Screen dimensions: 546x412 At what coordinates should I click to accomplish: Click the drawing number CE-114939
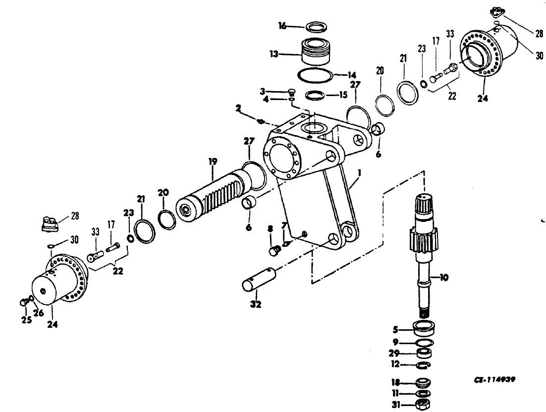(495, 380)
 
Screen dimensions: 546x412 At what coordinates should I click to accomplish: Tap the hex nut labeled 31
(423, 405)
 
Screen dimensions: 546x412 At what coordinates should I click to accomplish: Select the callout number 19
(213, 161)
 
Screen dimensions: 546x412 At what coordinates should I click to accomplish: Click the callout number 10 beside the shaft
(444, 277)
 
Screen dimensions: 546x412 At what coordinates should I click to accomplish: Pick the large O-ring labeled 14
(315, 75)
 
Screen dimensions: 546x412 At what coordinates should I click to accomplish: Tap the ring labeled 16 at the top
(316, 27)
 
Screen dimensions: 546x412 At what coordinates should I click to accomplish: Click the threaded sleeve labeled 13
(315, 51)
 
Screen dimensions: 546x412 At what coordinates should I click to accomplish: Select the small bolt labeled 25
(24, 303)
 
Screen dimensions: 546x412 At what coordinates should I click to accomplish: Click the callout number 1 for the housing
(359, 173)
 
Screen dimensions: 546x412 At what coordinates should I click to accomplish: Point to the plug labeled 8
(275, 250)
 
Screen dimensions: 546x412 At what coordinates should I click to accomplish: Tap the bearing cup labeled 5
(424, 329)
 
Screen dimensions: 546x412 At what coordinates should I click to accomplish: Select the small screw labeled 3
(292, 92)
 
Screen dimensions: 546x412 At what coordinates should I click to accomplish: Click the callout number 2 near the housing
(238, 108)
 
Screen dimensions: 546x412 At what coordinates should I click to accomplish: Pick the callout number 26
(39, 313)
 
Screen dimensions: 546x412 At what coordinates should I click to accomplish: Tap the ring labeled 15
(315, 95)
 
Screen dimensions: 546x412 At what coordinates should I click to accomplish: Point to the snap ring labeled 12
(424, 364)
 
